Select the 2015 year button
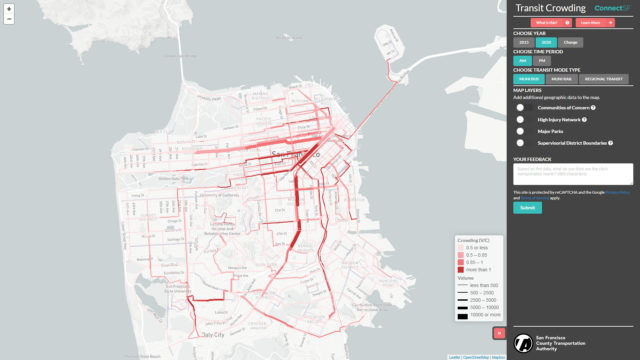tap(524, 42)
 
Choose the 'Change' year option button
tap(569, 42)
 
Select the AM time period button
tap(523, 60)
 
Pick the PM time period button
tap(542, 60)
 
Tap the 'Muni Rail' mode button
tap(561, 78)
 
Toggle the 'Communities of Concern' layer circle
tap(520, 107)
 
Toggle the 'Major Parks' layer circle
tap(520, 131)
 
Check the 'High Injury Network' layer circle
tap(520, 119)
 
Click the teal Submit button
tap(527, 208)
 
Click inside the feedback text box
tap(573, 174)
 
